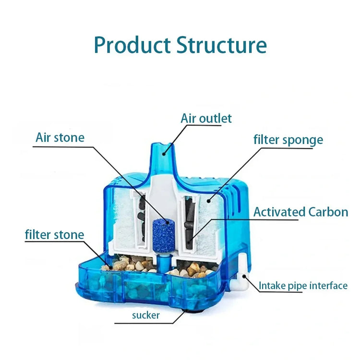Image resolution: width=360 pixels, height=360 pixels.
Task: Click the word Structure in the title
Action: (x=221, y=45)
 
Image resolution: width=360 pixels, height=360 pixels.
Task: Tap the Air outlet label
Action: (x=206, y=118)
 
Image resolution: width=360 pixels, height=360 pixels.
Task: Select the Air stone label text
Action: (x=60, y=138)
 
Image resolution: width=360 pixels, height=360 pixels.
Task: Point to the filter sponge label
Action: (x=288, y=140)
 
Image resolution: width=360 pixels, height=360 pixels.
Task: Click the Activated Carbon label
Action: (x=301, y=212)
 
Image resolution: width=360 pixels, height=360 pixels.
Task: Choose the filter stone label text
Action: (x=54, y=235)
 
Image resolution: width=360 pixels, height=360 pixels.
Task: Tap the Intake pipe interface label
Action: (x=303, y=286)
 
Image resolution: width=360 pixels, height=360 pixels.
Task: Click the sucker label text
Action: (x=146, y=315)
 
